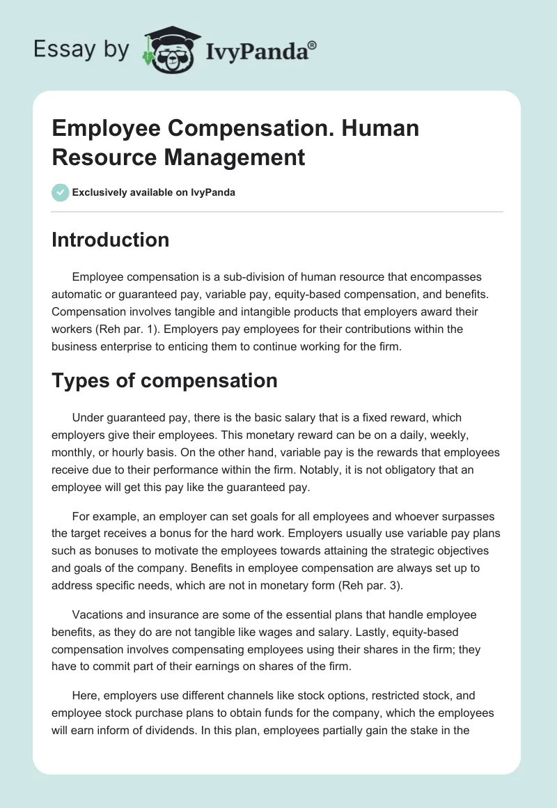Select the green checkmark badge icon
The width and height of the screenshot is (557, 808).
tap(61, 192)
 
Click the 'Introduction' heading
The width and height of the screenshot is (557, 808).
tap(111, 240)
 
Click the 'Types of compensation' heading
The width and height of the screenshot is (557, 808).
tap(164, 380)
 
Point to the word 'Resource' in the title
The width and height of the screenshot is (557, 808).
tap(98, 157)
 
